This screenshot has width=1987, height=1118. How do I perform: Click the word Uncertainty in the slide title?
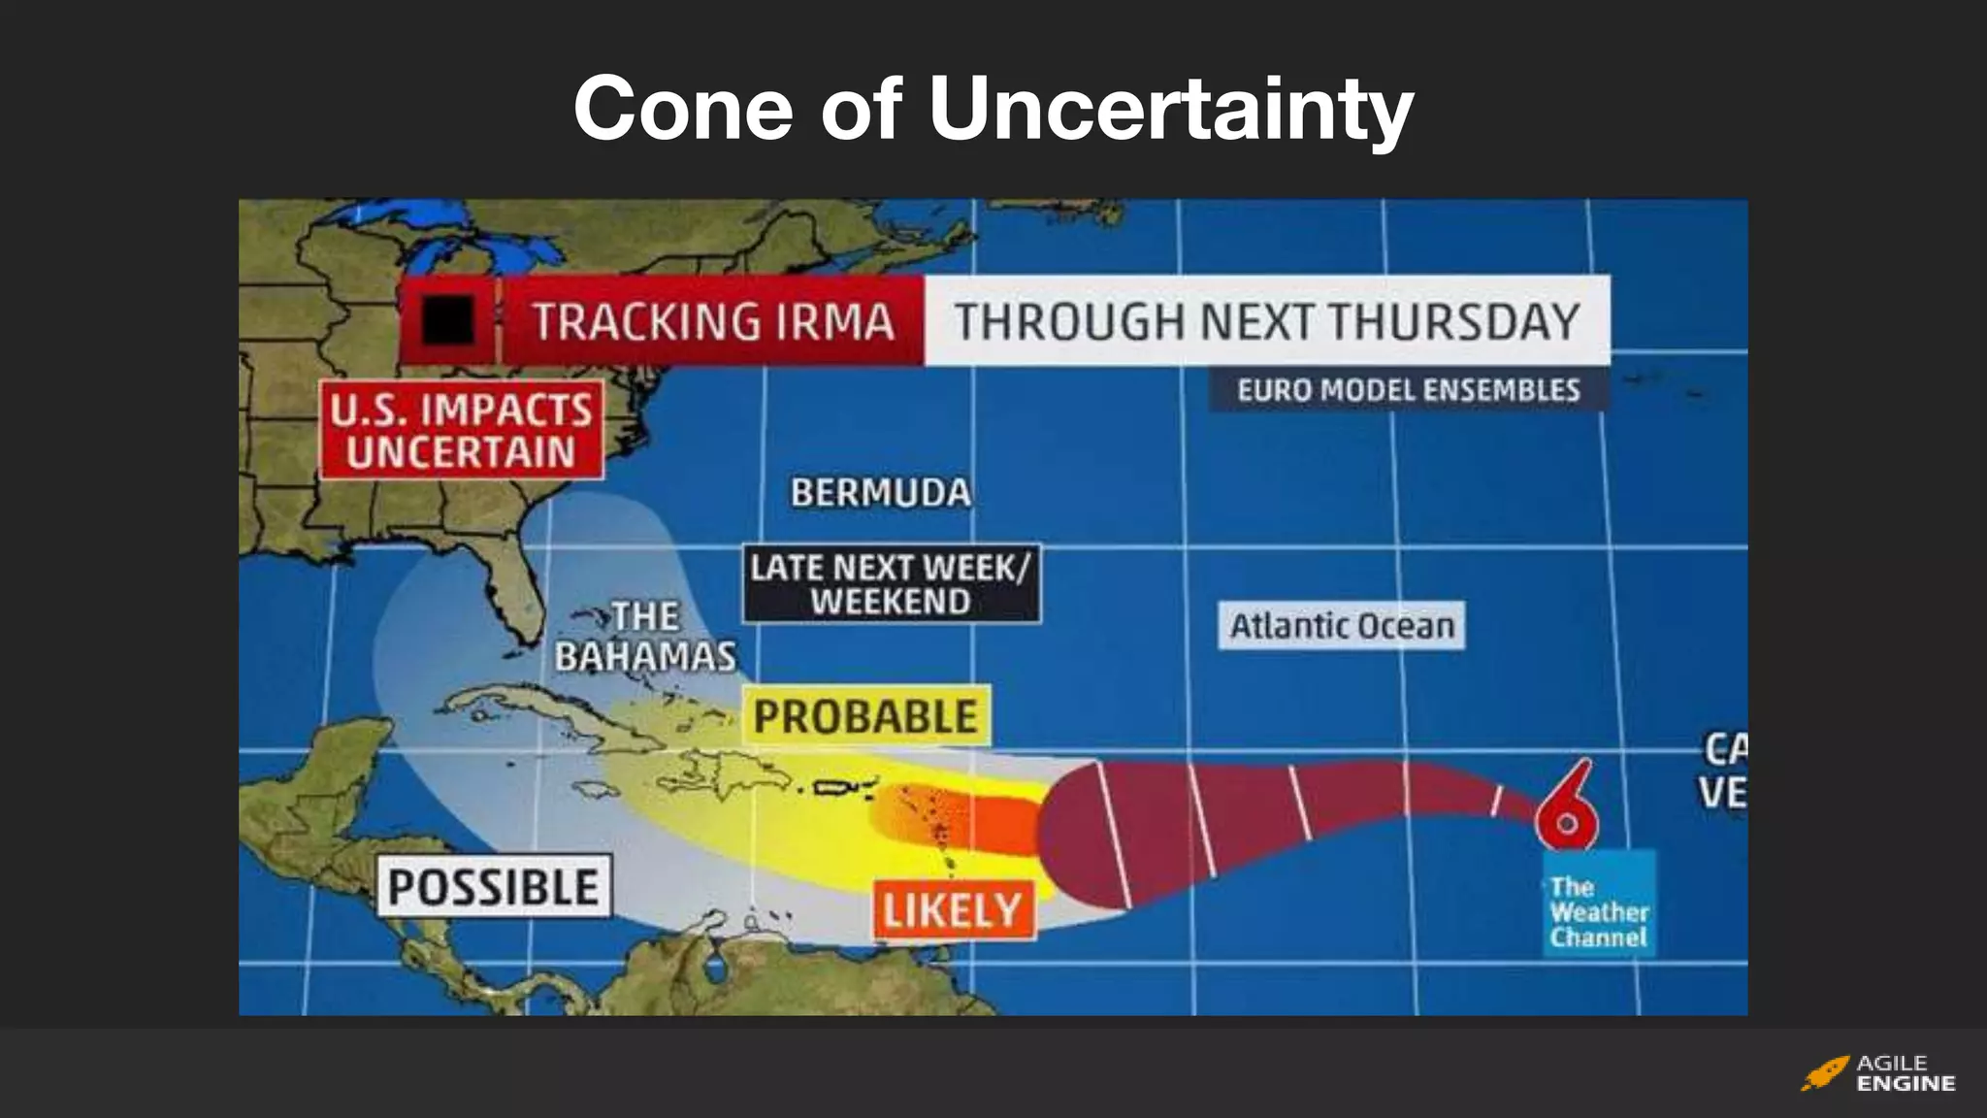click(x=1170, y=109)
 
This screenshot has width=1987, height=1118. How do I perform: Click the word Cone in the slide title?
click(x=683, y=109)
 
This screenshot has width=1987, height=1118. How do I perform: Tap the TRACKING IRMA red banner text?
click(x=713, y=321)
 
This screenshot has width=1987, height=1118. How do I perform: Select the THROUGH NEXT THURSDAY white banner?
click(x=1266, y=321)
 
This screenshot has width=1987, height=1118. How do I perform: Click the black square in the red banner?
click(x=447, y=319)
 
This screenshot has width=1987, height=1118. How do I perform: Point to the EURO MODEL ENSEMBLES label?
click(x=1408, y=390)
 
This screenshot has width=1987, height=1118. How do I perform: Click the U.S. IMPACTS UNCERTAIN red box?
click(x=461, y=430)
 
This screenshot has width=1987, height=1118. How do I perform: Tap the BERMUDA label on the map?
click(x=880, y=493)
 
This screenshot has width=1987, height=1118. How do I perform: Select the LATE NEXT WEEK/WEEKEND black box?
click(x=891, y=583)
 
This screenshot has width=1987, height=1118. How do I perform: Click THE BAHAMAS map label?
click(x=645, y=637)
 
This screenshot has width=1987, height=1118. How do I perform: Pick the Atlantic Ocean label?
click(x=1342, y=626)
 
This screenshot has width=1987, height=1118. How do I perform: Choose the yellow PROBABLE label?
click(x=865, y=716)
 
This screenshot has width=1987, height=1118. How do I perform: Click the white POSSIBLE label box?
click(x=493, y=886)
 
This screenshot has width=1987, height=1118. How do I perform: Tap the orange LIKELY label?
click(x=953, y=910)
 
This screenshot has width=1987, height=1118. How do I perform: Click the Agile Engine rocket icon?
click(x=1825, y=1073)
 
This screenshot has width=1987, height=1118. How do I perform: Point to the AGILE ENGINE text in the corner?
click(x=1905, y=1073)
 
